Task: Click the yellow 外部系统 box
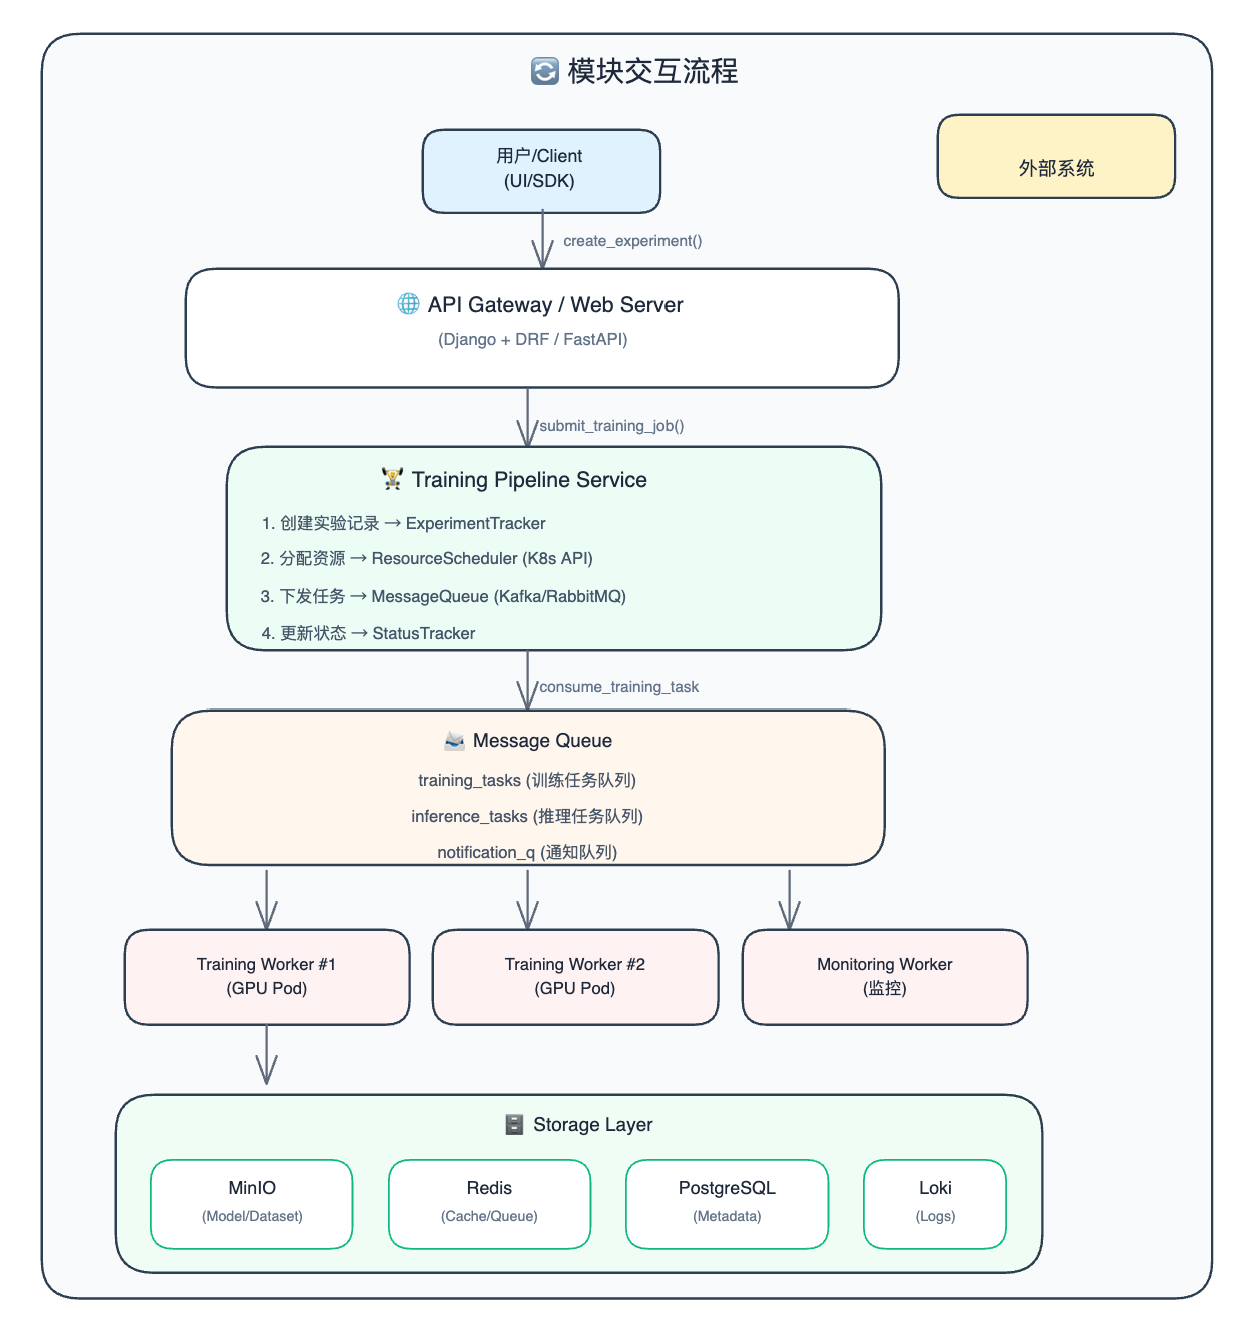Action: tap(1055, 156)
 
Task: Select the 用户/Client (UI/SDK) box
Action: tap(541, 170)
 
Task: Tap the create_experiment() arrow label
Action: tap(632, 241)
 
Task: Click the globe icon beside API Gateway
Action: tap(408, 304)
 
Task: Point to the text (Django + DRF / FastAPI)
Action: tap(533, 339)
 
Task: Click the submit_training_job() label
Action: tap(611, 426)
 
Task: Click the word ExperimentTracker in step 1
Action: tap(475, 523)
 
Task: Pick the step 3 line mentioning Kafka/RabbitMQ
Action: tap(443, 596)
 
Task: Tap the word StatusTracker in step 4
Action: tap(424, 633)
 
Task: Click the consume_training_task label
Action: tap(618, 687)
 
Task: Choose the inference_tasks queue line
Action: tap(526, 817)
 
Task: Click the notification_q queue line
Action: tap(526, 852)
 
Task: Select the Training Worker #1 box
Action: tap(267, 976)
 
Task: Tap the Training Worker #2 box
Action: tap(575, 976)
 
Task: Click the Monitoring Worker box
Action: tap(884, 976)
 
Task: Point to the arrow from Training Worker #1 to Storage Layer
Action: tap(267, 1054)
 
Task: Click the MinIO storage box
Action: tap(252, 1203)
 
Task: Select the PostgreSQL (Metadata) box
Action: tap(727, 1203)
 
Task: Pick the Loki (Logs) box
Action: tap(935, 1203)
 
